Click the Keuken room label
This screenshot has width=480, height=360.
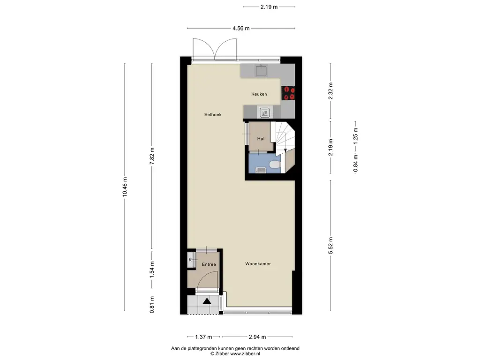point(259,94)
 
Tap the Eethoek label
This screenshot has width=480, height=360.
point(212,114)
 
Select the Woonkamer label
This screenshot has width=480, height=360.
point(258,264)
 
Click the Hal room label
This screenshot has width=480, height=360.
point(261,138)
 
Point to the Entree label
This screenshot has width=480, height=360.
point(209,264)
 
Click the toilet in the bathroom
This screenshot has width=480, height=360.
point(276,165)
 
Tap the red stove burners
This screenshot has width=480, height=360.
point(288,93)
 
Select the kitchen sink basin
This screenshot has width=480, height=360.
point(261,71)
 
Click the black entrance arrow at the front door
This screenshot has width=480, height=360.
point(207,301)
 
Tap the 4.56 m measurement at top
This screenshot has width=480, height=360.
point(241,28)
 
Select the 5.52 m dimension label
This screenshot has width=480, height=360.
point(330,245)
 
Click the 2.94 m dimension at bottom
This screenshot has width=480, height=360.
point(257,337)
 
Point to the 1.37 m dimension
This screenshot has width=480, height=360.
point(203,337)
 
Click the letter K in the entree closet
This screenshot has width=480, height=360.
point(190,260)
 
